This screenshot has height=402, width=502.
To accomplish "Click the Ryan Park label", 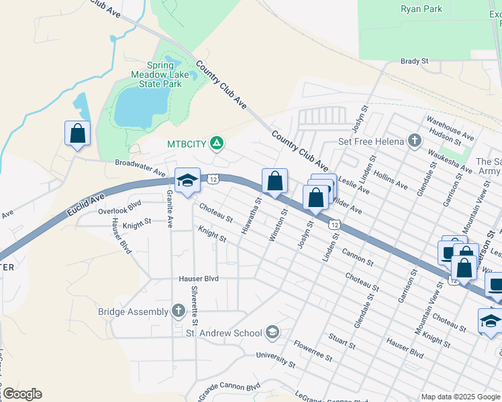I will point(421,9).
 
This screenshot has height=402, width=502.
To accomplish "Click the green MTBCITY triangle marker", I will point(217,143).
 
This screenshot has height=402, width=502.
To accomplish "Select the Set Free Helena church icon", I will point(415,141).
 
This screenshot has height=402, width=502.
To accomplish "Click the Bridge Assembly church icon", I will point(178,310).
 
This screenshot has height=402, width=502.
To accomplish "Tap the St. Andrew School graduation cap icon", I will point(272,332).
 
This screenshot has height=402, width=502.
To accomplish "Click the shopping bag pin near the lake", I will point(78,133).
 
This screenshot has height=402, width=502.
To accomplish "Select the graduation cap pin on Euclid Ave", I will point(187,180).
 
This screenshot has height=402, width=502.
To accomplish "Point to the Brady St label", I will point(414,61).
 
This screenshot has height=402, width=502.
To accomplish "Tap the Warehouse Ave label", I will point(450,127).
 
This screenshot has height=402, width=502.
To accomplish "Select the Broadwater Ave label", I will point(140,167).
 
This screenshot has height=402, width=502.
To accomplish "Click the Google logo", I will point(21,393).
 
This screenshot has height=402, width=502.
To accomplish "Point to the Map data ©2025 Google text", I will point(460,397).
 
